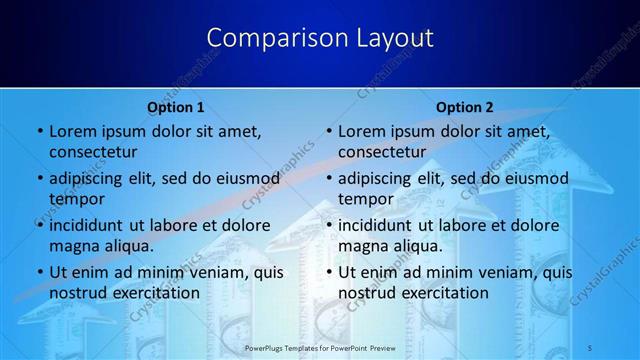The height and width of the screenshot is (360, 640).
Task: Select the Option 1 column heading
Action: [176, 107]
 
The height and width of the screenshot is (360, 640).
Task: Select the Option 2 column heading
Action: [465, 107]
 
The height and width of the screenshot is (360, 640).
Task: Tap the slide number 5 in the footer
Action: [591, 347]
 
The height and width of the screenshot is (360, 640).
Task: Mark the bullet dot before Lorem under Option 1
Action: [39, 131]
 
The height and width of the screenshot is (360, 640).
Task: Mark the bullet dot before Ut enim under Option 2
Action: [328, 272]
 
